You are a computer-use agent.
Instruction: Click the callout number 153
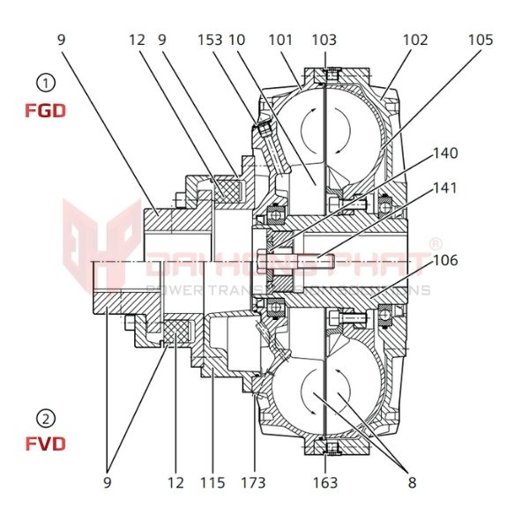(x=209, y=41)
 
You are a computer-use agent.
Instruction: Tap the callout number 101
(x=280, y=41)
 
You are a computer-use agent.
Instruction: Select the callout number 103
(x=324, y=41)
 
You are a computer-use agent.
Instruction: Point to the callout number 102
(x=414, y=41)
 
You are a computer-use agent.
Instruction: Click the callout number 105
(x=481, y=41)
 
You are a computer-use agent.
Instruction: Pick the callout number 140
(x=445, y=153)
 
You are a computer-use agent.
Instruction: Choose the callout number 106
(x=445, y=260)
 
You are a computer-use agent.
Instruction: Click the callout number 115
(x=213, y=482)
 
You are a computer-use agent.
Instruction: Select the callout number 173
(x=254, y=482)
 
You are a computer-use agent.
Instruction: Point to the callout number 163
(x=324, y=482)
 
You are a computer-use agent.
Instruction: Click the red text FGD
(x=45, y=112)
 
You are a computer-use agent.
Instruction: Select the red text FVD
(x=45, y=443)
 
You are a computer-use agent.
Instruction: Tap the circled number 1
(x=45, y=84)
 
